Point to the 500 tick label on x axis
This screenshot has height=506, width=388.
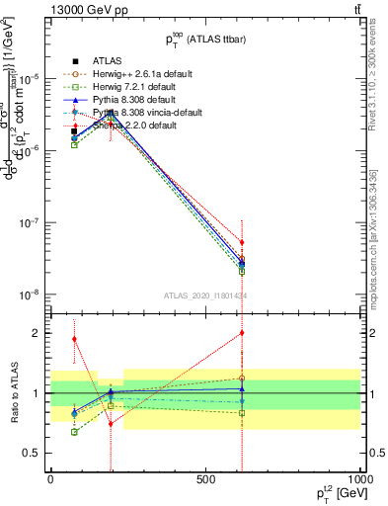click(x=204, y=479)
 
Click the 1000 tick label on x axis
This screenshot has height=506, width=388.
click(x=359, y=479)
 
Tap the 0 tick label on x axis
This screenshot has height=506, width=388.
click(x=50, y=479)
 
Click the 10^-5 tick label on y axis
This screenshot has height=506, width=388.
click(x=31, y=78)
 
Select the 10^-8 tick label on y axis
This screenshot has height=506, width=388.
click(x=31, y=295)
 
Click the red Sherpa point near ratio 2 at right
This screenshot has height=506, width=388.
click(x=241, y=333)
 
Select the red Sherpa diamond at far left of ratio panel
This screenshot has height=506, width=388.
click(x=74, y=339)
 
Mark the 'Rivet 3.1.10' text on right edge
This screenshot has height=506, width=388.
click(x=380, y=99)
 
